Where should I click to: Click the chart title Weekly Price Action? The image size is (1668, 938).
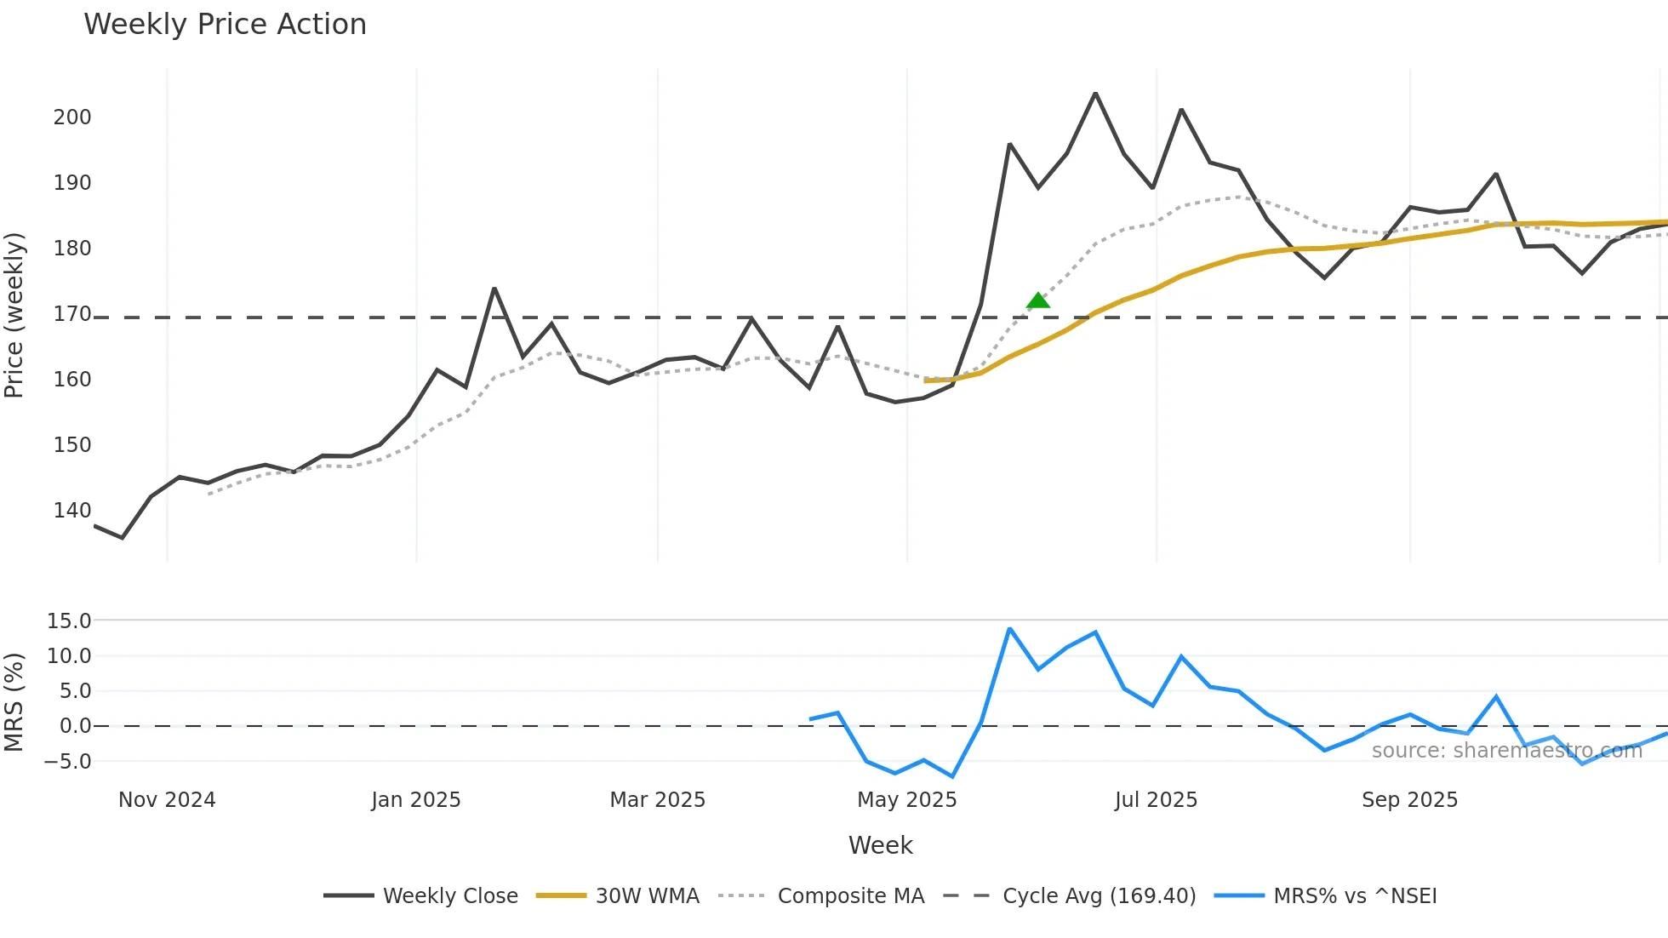coord(225,25)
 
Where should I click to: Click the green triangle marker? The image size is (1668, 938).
coord(1037,300)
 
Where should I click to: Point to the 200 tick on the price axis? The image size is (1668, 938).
coord(72,117)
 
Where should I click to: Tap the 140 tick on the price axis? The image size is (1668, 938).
coord(72,511)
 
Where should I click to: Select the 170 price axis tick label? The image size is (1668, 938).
coord(72,314)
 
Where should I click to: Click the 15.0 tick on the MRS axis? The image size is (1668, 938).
coord(69,621)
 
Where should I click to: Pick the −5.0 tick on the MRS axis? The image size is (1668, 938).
coord(67,762)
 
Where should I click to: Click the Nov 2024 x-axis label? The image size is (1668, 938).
coord(167,800)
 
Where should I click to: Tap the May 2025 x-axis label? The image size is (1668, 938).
coord(906,800)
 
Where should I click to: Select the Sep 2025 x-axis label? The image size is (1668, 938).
coord(1409,800)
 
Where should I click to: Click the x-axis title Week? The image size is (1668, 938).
coord(880,845)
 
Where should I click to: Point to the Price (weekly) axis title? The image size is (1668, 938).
coord(14,315)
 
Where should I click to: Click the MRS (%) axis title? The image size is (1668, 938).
coord(14,702)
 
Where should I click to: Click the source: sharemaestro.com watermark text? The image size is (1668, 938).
coord(1506,751)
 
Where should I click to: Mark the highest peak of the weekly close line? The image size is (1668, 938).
coord(1095,93)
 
